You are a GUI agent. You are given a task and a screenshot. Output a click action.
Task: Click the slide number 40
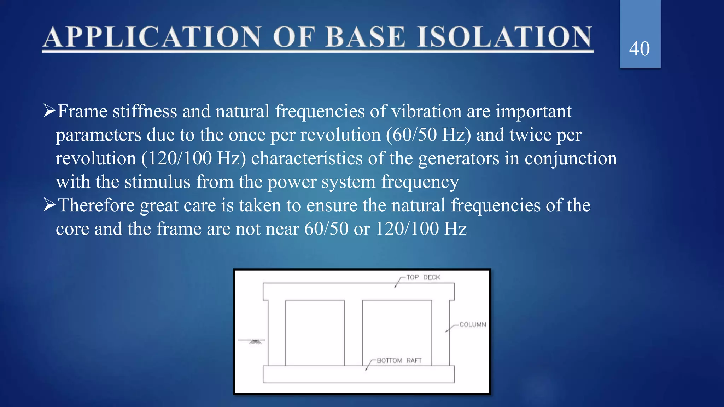point(639,49)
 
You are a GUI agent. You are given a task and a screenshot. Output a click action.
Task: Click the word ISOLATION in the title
point(504,37)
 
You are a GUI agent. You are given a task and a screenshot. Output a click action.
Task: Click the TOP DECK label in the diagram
point(423,277)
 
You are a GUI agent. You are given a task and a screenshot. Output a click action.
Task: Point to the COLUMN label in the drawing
point(472,324)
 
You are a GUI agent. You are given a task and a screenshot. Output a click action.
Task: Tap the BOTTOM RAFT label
point(399,360)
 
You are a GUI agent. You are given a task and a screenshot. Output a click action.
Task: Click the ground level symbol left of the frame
point(255,341)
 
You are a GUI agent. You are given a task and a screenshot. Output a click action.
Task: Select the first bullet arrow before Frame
point(49,111)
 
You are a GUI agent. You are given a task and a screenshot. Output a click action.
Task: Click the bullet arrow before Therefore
point(49,205)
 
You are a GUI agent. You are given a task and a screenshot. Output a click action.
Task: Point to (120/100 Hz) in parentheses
point(194,158)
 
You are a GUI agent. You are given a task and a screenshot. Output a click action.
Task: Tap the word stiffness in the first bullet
point(145,111)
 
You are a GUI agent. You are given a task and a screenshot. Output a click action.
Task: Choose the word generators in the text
point(459,158)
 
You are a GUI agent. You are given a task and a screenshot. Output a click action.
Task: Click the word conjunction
point(571,158)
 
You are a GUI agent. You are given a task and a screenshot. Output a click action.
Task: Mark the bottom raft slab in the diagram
point(358,374)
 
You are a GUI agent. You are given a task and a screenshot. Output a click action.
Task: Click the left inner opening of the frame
point(315,332)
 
